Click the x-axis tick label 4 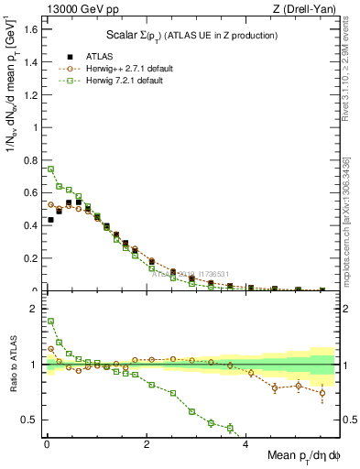pyautogui.click(x=245, y=446)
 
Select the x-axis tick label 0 pyautogui.click(x=47, y=446)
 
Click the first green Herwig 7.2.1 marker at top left pyautogui.click(x=50, y=169)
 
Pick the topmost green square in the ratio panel pyautogui.click(x=50, y=322)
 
